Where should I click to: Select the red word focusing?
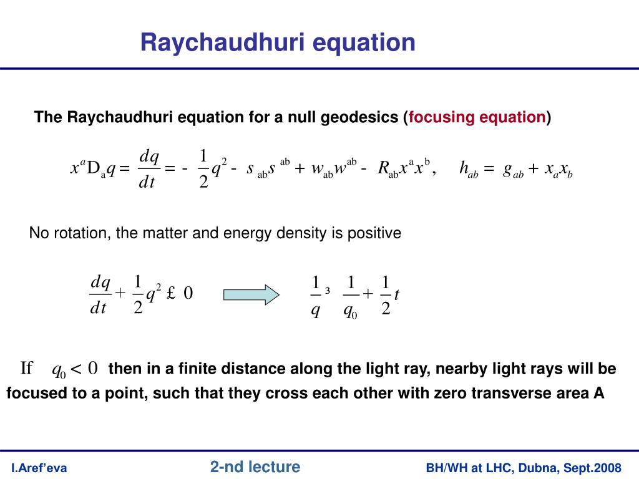(442, 117)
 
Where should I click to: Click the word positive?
(375, 233)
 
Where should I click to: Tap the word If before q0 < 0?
(26, 369)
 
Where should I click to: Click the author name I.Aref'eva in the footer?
(39, 468)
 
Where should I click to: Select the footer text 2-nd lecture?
(255, 467)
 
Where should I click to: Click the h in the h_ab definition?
(464, 168)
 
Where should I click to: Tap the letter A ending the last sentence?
(600, 394)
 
